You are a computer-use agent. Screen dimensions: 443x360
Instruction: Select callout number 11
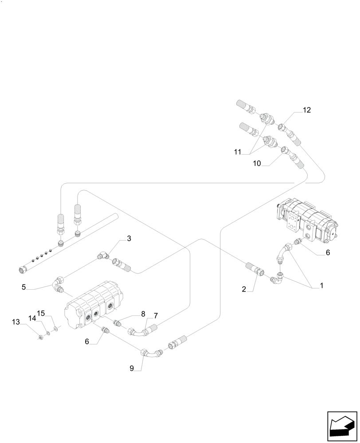tap(238, 152)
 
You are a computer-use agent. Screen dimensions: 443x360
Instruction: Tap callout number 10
tap(257, 164)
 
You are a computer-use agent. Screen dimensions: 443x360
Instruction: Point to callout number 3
tap(129, 238)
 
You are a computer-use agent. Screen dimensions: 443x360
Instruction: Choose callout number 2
tap(244, 289)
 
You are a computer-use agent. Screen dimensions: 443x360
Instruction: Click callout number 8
tap(143, 314)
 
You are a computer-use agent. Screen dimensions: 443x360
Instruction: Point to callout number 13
tap(16, 322)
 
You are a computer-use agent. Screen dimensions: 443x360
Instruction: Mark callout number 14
tap(32, 318)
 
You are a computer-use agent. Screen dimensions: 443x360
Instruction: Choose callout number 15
tap(41, 313)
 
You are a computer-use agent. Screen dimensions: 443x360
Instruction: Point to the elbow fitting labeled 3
tap(103, 256)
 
